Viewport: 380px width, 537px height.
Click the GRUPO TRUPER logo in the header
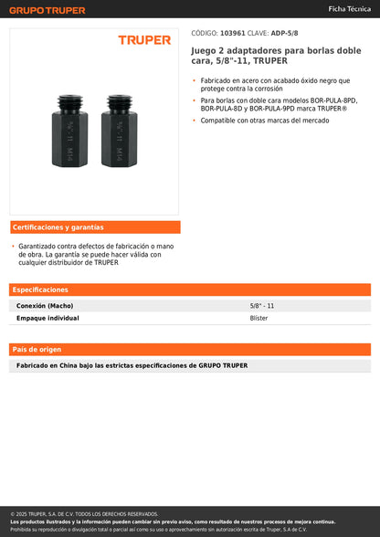47,10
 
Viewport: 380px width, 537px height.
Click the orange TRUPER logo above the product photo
144,40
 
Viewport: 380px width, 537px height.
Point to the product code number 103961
235,33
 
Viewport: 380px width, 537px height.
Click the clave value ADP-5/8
285,33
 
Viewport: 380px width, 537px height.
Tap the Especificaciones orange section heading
40,290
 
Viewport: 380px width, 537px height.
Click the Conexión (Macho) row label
45,306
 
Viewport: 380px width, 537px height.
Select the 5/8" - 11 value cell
262,306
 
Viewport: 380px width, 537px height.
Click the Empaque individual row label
47,319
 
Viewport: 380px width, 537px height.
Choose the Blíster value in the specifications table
259,319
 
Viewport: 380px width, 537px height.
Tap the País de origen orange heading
37,350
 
